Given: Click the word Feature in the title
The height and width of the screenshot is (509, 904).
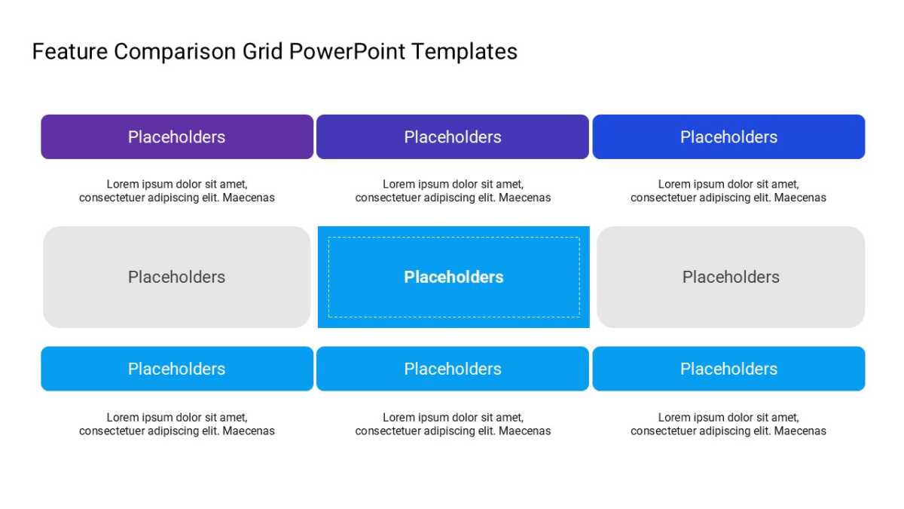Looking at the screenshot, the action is [70, 52].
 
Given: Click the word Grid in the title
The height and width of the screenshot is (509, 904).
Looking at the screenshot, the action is [262, 52].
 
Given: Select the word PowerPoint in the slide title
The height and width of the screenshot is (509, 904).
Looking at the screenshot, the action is [347, 52].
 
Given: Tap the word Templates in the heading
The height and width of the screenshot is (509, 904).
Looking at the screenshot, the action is [465, 53].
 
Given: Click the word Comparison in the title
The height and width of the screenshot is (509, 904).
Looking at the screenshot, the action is [175, 53].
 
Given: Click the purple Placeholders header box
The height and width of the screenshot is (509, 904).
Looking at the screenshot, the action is [177, 137].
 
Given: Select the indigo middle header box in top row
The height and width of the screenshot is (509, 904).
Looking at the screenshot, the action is [453, 137].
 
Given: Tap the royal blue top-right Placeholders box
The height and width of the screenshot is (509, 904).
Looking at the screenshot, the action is [729, 137].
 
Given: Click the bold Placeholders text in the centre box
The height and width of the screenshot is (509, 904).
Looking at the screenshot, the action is [454, 277].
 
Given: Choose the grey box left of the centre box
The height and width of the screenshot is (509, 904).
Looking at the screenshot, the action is [177, 277].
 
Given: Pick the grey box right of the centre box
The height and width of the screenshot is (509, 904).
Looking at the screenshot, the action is [731, 277].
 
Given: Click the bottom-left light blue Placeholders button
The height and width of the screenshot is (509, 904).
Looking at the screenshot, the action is [177, 369].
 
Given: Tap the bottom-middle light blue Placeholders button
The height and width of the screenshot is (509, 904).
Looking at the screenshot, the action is [453, 369].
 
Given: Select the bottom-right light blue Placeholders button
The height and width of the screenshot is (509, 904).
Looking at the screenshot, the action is [729, 369].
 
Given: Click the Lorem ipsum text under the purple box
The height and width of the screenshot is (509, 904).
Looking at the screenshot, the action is [177, 191].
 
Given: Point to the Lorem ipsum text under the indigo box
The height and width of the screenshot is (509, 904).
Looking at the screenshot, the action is [453, 191].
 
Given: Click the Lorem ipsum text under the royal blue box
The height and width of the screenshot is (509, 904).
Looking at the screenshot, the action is [728, 191].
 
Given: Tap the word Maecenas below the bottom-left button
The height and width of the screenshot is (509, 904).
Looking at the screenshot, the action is [249, 431].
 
